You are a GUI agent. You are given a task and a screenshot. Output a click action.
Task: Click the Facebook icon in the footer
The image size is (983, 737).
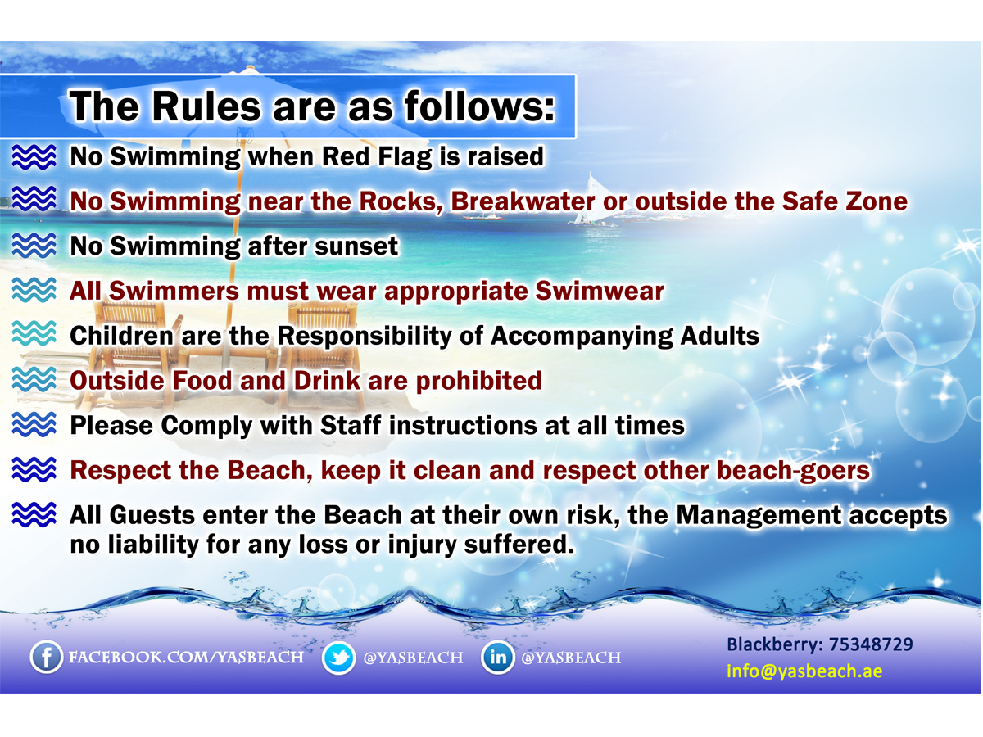point(46,657)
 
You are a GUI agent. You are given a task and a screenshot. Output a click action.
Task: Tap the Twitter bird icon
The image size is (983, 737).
point(338,658)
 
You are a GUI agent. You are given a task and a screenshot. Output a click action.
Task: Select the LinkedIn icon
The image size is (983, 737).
point(497,657)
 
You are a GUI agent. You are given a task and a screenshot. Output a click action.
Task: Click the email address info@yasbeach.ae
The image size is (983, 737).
point(804,671)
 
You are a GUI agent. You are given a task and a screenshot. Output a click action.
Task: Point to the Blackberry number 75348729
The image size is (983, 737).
point(871,644)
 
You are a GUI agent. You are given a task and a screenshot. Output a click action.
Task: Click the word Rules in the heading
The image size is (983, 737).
point(206,106)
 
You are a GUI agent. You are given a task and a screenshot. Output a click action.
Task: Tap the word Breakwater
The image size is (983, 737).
point(523,201)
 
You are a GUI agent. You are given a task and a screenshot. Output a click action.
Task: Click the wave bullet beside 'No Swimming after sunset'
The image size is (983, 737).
point(34,246)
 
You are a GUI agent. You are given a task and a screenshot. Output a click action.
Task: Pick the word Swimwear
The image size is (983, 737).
point(600,291)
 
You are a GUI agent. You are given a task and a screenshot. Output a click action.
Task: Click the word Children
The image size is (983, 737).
point(121,336)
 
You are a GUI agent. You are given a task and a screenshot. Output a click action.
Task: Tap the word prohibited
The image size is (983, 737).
point(478,381)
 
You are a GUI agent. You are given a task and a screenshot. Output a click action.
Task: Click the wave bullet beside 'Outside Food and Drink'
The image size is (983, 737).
point(34,380)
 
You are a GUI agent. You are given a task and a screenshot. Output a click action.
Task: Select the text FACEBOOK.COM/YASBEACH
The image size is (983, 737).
point(186,658)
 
